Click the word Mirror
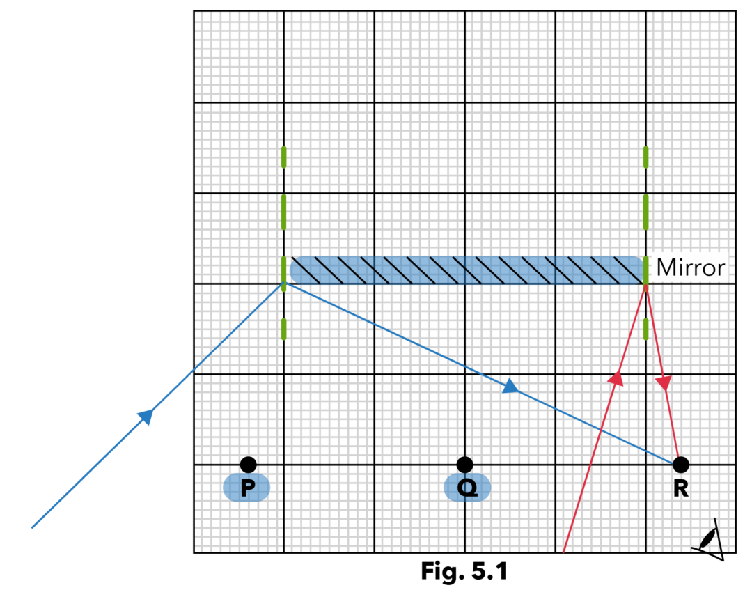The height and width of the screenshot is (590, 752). pyautogui.click(x=690, y=267)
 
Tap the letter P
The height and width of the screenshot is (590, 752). pyautogui.click(x=247, y=488)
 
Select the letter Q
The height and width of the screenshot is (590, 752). pyautogui.click(x=467, y=488)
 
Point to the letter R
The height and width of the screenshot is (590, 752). pyautogui.click(x=680, y=488)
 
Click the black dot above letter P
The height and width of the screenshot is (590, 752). pyautogui.click(x=248, y=464)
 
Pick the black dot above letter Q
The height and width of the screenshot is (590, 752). pyautogui.click(x=464, y=464)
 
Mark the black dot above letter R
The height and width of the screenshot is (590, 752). pyautogui.click(x=680, y=464)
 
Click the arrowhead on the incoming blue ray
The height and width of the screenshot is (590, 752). pyautogui.click(x=146, y=416)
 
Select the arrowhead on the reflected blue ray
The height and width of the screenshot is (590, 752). pyautogui.click(x=511, y=387)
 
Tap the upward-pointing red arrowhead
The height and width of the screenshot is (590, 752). pyautogui.click(x=616, y=378)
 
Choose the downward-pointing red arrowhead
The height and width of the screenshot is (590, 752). pyautogui.click(x=663, y=383)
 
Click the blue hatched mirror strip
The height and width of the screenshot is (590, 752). pyautogui.click(x=465, y=270)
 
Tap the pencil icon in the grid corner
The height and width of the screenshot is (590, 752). pyautogui.click(x=708, y=541)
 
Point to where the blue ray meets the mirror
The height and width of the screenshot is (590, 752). pyautogui.click(x=284, y=282)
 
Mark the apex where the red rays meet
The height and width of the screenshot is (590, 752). pyautogui.click(x=645, y=284)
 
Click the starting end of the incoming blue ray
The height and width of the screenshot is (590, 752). pyautogui.click(x=32, y=527)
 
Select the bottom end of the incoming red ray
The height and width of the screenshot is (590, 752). pyautogui.click(x=563, y=551)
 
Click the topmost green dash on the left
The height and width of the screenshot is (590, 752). pyautogui.click(x=283, y=157)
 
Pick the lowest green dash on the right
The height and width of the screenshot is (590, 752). pyautogui.click(x=646, y=329)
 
